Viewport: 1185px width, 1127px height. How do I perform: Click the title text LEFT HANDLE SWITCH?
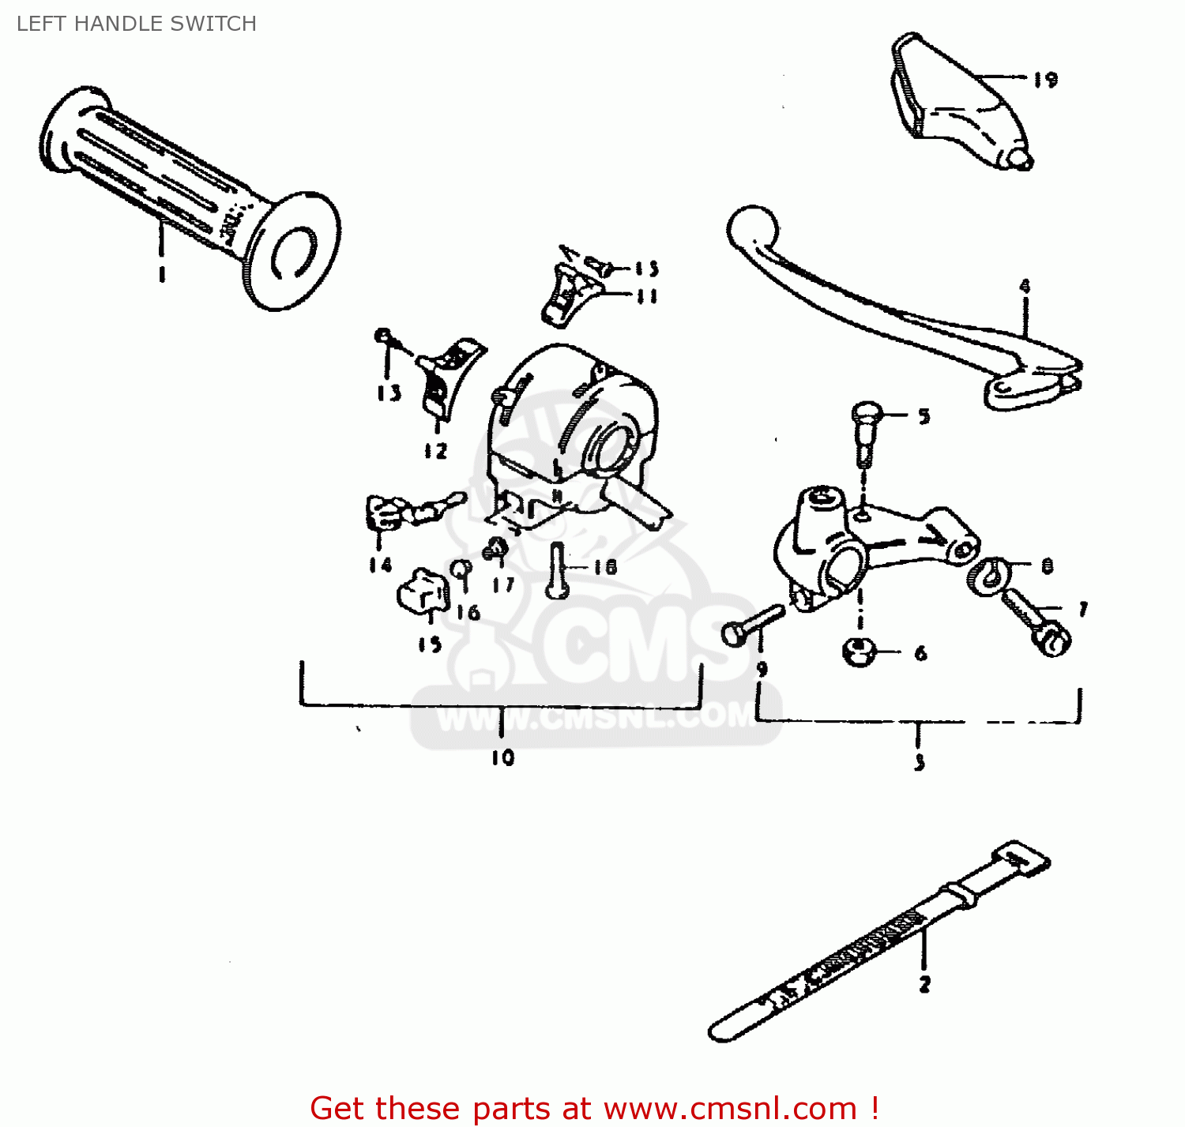coord(136,24)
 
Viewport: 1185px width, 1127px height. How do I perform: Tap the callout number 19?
coord(1045,80)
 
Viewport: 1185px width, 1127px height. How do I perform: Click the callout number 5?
coord(924,416)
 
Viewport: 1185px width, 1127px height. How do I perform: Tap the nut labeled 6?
coord(859,652)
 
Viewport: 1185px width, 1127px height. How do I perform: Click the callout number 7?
coord(1083,609)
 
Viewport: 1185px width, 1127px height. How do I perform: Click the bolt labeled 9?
coord(751,624)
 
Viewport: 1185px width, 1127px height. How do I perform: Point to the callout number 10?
coord(502,757)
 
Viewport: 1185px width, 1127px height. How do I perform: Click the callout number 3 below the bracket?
coord(919,762)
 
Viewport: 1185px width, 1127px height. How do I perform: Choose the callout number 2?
coord(924,984)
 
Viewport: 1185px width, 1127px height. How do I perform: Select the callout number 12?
coord(435,451)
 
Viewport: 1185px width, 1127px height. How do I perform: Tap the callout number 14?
coord(380,565)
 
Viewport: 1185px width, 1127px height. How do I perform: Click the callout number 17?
coord(503,585)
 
